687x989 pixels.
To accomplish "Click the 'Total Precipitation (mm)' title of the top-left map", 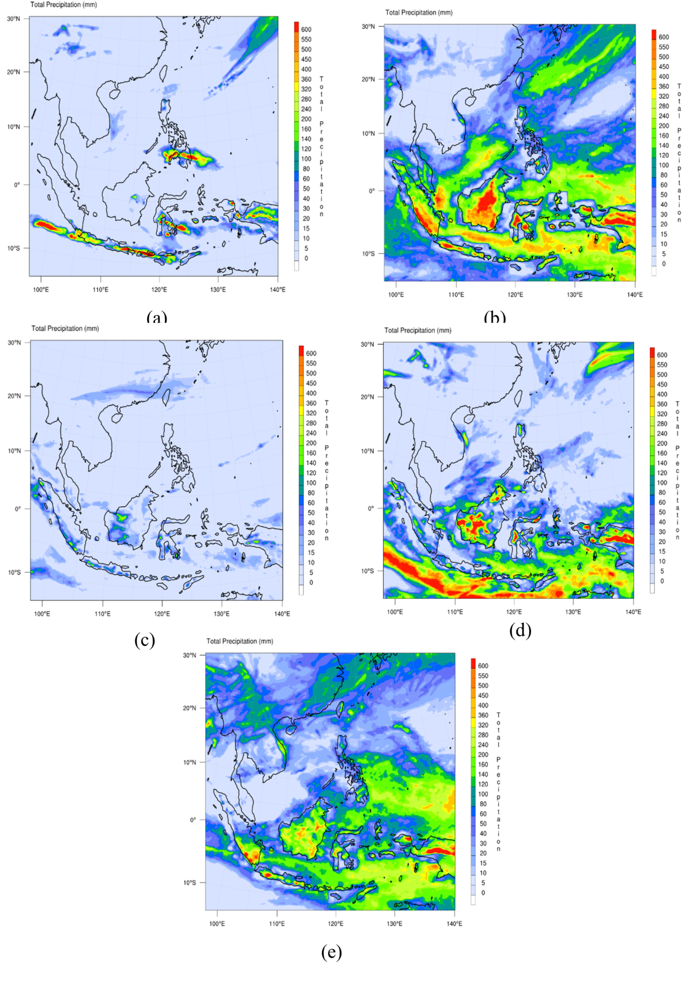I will coord(64,5).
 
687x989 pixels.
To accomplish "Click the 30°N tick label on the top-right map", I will coord(368,27).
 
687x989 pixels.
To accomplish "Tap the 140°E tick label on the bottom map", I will coord(454,924).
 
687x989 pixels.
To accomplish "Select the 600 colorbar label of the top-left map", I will coord(306,29).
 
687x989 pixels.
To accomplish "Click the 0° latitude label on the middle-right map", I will coord(371,508).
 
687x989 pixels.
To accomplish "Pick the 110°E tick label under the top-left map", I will coord(100,290).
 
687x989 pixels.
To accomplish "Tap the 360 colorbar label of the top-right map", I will coord(664,86).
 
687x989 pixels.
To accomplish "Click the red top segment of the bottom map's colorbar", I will coord(473,663).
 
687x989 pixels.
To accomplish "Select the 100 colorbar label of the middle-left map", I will coord(311,483).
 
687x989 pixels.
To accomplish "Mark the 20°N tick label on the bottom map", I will coord(189,708).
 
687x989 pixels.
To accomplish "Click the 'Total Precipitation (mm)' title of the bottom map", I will coord(240,641).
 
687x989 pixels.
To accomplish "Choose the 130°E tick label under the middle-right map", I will coord(573,612).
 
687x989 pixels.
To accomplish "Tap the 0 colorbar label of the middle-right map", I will coord(662,581).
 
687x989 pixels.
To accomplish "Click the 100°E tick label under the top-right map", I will coord(396,295).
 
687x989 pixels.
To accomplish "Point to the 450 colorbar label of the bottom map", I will coord(483,695).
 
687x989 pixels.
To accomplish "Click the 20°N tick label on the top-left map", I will coord(14,72).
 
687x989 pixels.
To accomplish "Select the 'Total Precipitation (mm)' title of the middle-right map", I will coord(418,330).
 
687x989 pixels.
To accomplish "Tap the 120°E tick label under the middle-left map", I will coord(162,614).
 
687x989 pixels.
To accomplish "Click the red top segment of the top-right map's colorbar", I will coord(654,34).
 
